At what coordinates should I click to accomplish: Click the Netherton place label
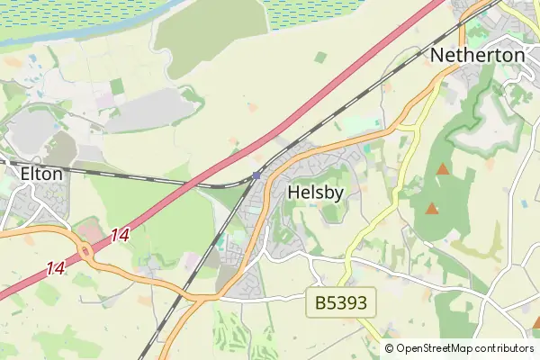tap(477, 55)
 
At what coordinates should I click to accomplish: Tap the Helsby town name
tap(316, 192)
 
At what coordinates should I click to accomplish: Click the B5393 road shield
tap(341, 303)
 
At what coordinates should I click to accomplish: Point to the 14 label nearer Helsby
tap(121, 235)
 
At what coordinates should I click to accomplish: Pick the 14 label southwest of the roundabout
tap(56, 268)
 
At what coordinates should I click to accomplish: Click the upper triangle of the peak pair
tap(442, 169)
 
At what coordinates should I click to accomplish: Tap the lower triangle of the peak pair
tap(432, 209)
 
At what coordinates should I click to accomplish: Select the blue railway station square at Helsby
tap(256, 175)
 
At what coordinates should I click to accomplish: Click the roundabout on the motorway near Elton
tap(87, 255)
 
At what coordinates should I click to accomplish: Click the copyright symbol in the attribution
tap(389, 348)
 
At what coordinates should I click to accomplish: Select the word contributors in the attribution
tap(505, 348)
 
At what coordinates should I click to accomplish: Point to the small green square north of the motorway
tap(320, 58)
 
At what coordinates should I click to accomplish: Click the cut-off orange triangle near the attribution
tap(535, 321)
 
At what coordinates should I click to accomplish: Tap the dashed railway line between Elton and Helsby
tap(135, 175)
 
